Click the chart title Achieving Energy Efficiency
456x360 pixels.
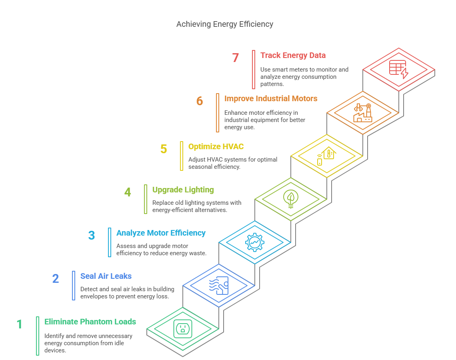click(x=225, y=24)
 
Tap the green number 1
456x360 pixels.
click(x=19, y=324)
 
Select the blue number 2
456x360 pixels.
click(x=56, y=278)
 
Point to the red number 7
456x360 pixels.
click(x=235, y=58)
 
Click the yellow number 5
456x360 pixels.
click(x=164, y=149)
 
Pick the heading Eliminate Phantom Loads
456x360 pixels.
click(x=90, y=322)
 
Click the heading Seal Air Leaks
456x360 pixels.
click(x=106, y=276)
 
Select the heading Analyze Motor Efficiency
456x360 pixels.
click(x=161, y=233)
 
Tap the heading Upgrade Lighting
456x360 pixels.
click(x=183, y=190)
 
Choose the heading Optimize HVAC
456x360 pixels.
click(x=216, y=146)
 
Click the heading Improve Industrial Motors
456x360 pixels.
click(x=271, y=98)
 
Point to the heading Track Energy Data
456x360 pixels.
click(x=293, y=55)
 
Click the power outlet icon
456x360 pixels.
click(x=183, y=329)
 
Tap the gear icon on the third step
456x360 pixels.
click(x=254, y=242)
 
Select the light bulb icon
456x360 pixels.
click(x=290, y=198)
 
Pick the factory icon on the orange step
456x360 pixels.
click(x=362, y=113)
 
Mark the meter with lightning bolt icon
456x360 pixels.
click(x=398, y=70)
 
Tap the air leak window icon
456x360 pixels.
click(x=218, y=286)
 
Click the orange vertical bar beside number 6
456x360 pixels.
click(x=218, y=112)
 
